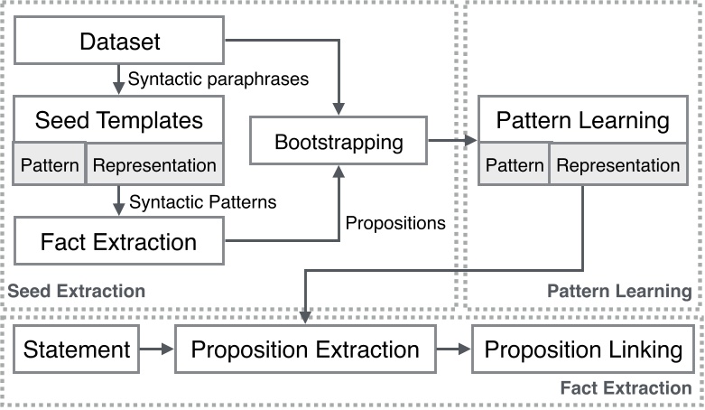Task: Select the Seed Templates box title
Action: [x=118, y=119]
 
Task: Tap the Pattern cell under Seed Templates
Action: [x=50, y=165]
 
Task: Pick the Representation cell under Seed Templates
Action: [x=154, y=165]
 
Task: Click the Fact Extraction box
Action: [x=118, y=241]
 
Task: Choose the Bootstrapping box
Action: [x=338, y=142]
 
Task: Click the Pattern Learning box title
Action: [x=583, y=120]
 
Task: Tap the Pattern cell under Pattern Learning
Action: [x=515, y=165]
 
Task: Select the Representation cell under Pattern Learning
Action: [x=619, y=165]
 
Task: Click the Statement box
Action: [x=77, y=349]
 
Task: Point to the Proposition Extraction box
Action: [x=305, y=349]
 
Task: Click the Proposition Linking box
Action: [x=583, y=349]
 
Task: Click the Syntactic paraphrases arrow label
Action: [x=218, y=79]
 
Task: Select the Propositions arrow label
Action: [x=396, y=222]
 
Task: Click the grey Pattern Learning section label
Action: [x=619, y=291]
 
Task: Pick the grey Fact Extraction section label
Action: [x=626, y=387]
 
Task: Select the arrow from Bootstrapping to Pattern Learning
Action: [x=452, y=141]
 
